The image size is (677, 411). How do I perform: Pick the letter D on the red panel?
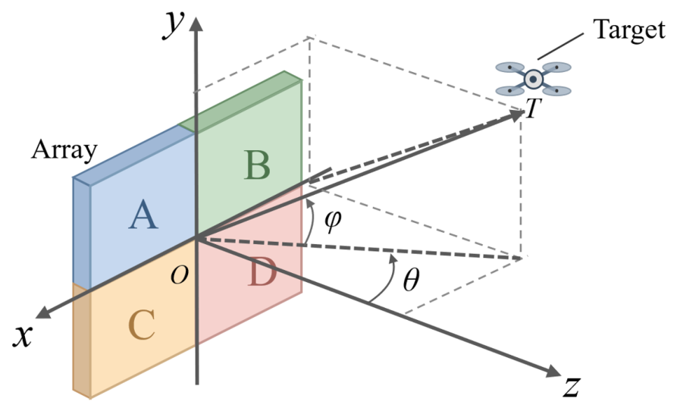(x=262, y=274)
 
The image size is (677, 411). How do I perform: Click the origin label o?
(x=179, y=275)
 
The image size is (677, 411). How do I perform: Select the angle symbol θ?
(x=410, y=281)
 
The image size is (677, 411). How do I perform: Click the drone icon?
(x=533, y=79)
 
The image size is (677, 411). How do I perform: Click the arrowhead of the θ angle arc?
(x=393, y=259)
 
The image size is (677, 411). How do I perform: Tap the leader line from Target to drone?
(x=562, y=46)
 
